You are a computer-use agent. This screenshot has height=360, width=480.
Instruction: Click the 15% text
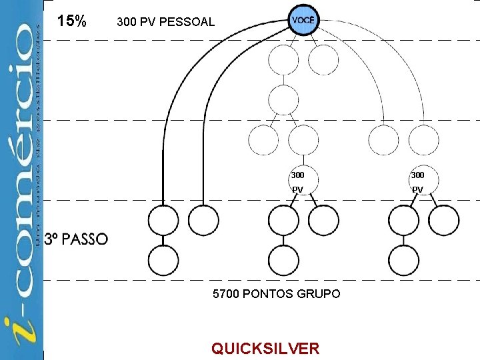tap(72, 21)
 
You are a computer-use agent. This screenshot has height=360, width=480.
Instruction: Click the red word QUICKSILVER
tap(265, 348)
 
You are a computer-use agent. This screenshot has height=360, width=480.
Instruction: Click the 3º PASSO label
tap(76, 239)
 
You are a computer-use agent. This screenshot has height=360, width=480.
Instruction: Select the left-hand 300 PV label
tap(297, 182)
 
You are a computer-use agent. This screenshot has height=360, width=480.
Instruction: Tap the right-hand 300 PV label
tap(417, 182)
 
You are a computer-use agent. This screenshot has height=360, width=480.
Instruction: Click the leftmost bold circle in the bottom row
tap(163, 261)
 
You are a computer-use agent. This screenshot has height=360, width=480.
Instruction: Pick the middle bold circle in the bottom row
tap(283, 261)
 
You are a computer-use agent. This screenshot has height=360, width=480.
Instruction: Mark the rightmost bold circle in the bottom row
tap(403, 261)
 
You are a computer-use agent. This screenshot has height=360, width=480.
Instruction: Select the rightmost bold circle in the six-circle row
tap(443, 219)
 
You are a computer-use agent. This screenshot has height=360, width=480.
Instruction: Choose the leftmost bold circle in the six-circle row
tap(163, 219)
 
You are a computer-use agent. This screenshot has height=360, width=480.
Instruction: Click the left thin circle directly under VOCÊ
tap(283, 60)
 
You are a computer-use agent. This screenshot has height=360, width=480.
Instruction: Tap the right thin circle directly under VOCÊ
tap(323, 60)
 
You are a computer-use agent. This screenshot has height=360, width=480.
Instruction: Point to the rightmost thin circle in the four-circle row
tap(423, 140)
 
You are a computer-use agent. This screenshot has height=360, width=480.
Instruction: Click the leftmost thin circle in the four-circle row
tap(263, 140)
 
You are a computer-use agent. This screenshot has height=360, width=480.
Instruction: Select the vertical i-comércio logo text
tap(23, 180)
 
